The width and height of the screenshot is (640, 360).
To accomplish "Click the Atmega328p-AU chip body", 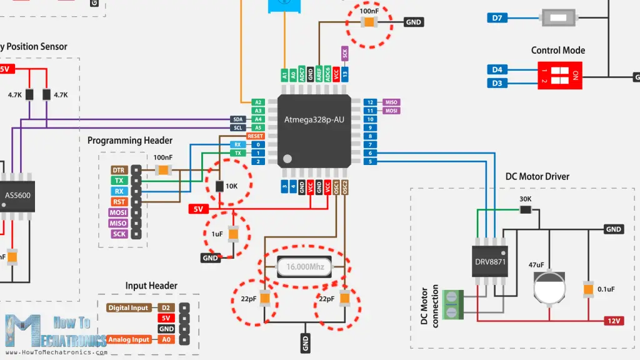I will click(x=314, y=131).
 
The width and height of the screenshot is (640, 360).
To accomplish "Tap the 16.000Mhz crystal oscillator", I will click(x=304, y=267).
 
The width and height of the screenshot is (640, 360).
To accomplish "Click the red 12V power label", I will click(x=614, y=321).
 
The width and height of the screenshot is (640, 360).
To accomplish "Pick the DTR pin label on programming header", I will click(x=119, y=170).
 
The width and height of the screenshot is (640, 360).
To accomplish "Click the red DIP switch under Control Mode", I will click(x=559, y=76).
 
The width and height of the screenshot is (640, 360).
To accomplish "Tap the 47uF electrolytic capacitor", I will click(x=549, y=287).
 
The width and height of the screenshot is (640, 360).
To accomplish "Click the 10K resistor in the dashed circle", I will click(x=219, y=186).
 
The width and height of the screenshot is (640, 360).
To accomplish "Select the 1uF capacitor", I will click(x=233, y=234).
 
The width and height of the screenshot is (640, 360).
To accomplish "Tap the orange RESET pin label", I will click(x=256, y=136).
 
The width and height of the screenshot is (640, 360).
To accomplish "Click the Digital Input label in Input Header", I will click(x=129, y=307).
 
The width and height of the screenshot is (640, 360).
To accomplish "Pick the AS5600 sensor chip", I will click(x=17, y=195).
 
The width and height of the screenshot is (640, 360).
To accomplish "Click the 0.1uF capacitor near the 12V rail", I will click(x=587, y=289).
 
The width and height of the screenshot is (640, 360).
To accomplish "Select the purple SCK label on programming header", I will click(x=119, y=234).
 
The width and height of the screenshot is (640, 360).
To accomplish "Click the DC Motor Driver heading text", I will click(x=537, y=177).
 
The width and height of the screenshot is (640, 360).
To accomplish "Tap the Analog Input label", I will click(x=129, y=339).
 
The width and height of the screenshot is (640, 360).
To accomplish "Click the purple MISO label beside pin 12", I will click(x=391, y=102).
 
